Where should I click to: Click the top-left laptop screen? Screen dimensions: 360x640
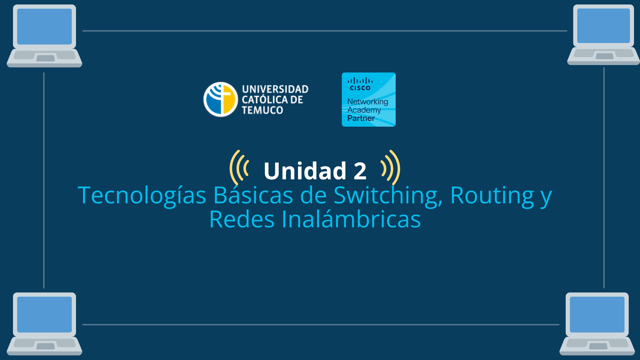[x=44, y=27]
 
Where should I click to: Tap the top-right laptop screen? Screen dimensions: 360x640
[x=603, y=26]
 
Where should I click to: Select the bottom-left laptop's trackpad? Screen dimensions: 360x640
[x=46, y=346]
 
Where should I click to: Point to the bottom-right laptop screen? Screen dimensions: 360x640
[x=597, y=315]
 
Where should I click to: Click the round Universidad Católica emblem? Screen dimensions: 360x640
[x=220, y=99]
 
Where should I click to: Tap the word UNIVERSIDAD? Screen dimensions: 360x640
[x=275, y=89]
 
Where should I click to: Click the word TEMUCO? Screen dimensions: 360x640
[x=262, y=110]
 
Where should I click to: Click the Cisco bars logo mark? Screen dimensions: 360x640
[x=360, y=81]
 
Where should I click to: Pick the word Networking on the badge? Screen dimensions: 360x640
[x=368, y=101]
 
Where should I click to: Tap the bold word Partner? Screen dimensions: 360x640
[x=361, y=118]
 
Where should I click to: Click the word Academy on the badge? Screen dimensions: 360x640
[x=364, y=110]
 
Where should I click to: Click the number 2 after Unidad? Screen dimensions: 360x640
[x=360, y=171]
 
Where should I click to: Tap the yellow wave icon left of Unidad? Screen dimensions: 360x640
[x=239, y=168]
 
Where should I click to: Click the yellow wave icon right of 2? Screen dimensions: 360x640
[x=391, y=168]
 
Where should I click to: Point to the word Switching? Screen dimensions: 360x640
[x=388, y=196]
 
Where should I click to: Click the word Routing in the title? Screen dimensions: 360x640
[x=492, y=196]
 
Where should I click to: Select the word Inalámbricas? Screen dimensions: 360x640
[x=351, y=220]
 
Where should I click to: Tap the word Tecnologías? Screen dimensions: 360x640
[x=142, y=196]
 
